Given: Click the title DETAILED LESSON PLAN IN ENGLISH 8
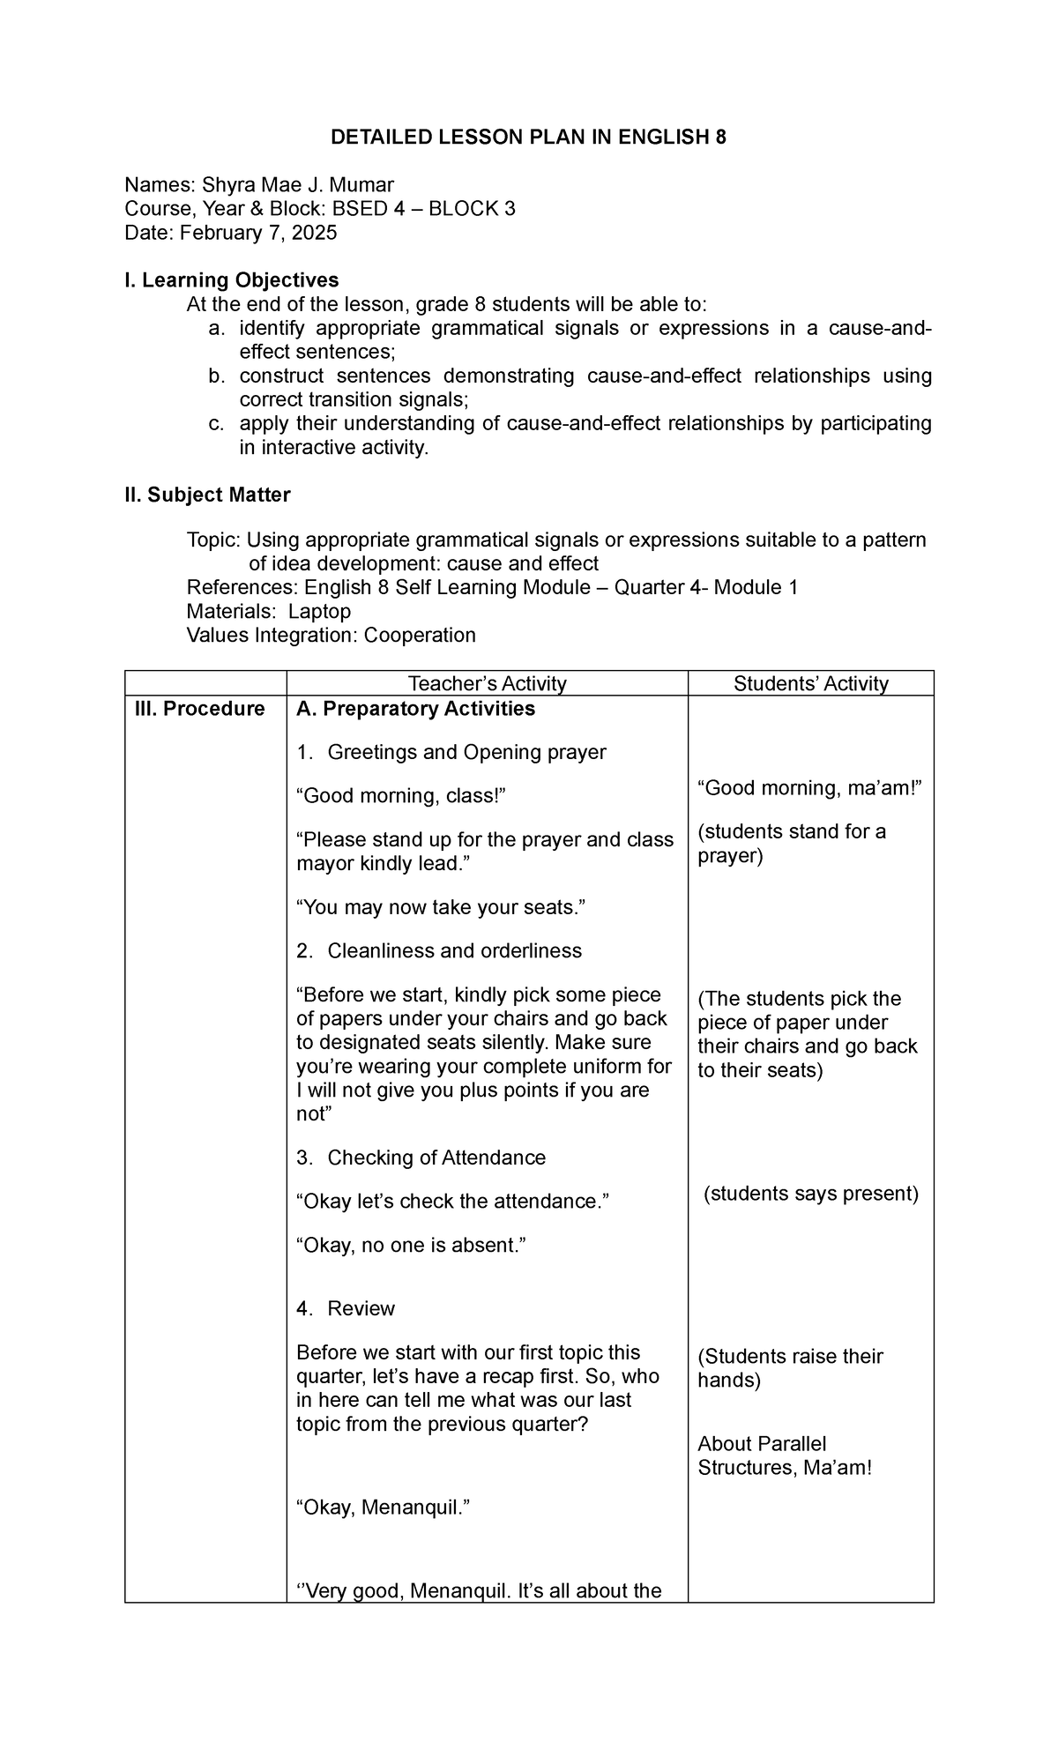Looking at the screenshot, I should click(x=528, y=138).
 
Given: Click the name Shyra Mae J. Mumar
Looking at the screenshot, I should click(x=298, y=185).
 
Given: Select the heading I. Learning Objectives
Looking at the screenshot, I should click(x=231, y=280).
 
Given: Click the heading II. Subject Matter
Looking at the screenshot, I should click(x=207, y=495).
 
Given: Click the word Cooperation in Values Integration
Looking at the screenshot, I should click(x=420, y=636).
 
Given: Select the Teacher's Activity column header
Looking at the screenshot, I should click(x=487, y=683).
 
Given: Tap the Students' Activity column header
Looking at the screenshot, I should click(x=810, y=683).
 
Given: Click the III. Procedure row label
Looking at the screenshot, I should click(x=199, y=710).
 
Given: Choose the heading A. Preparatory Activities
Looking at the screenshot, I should click(x=416, y=710).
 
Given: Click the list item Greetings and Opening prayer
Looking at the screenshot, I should click(x=466, y=753).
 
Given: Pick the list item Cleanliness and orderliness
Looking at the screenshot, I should click(x=454, y=951).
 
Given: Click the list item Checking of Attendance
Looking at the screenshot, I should click(x=436, y=1158).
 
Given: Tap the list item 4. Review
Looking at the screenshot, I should click(x=361, y=1309).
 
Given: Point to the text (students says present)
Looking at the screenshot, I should click(x=810, y=1195).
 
